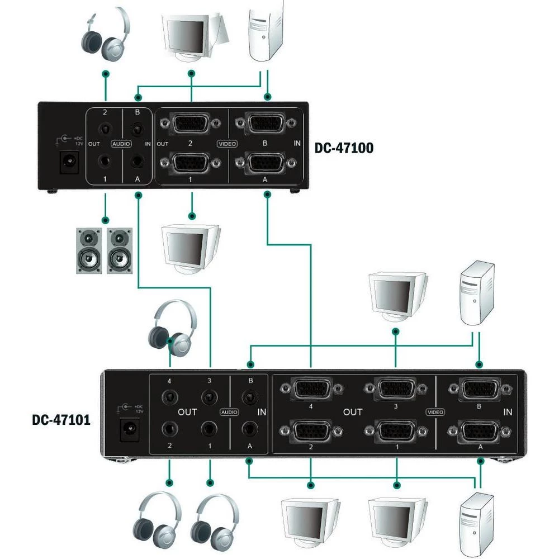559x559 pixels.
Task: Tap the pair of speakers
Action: [x=104, y=250]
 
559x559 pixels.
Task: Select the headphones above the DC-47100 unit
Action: [x=106, y=35]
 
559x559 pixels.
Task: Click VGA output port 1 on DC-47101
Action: [x=396, y=433]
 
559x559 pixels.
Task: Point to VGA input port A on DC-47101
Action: [x=480, y=433]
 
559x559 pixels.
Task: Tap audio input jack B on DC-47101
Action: [x=249, y=398]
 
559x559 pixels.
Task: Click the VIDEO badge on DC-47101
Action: [x=435, y=412]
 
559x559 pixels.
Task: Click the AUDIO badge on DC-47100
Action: [x=121, y=144]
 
